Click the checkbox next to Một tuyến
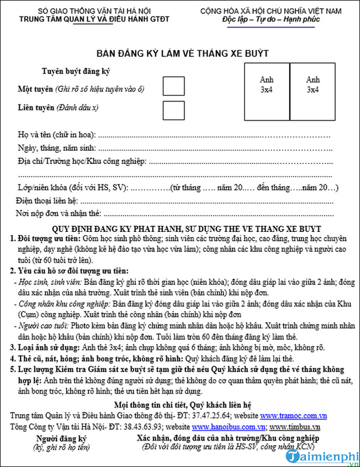(x=173, y=87)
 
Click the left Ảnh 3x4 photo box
(x=267, y=92)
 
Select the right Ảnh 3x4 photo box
(x=313, y=92)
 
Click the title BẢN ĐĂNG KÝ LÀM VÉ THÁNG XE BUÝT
(x=182, y=54)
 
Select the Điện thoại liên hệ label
(x=47, y=200)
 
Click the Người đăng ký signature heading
(x=61, y=438)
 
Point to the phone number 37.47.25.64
(x=210, y=416)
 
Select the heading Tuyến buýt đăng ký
(x=76, y=71)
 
